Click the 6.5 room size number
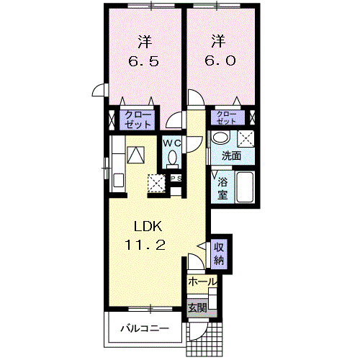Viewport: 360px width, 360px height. [143, 61]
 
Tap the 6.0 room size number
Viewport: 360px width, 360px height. [220, 60]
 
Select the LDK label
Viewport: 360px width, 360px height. [148, 226]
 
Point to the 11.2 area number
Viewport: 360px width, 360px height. [145, 245]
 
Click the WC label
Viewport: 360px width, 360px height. [172, 143]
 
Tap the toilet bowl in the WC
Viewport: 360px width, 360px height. [172, 158]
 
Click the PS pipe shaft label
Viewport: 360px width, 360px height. [176, 179]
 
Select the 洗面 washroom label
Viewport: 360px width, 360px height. [231, 156]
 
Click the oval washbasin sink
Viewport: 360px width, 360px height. [221, 138]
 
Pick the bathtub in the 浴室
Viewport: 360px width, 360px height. [245, 187]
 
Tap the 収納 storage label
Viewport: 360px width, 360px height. [219, 253]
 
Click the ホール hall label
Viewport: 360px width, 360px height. [202, 282]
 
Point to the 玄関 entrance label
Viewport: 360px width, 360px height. [197, 307]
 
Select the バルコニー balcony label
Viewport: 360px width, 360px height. [145, 328]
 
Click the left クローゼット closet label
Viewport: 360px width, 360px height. [138, 120]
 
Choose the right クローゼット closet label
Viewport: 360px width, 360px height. [226, 117]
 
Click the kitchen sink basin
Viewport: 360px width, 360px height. [119, 180]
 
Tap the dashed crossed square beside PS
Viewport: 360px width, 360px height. [156, 184]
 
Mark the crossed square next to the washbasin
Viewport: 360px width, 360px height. [246, 139]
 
